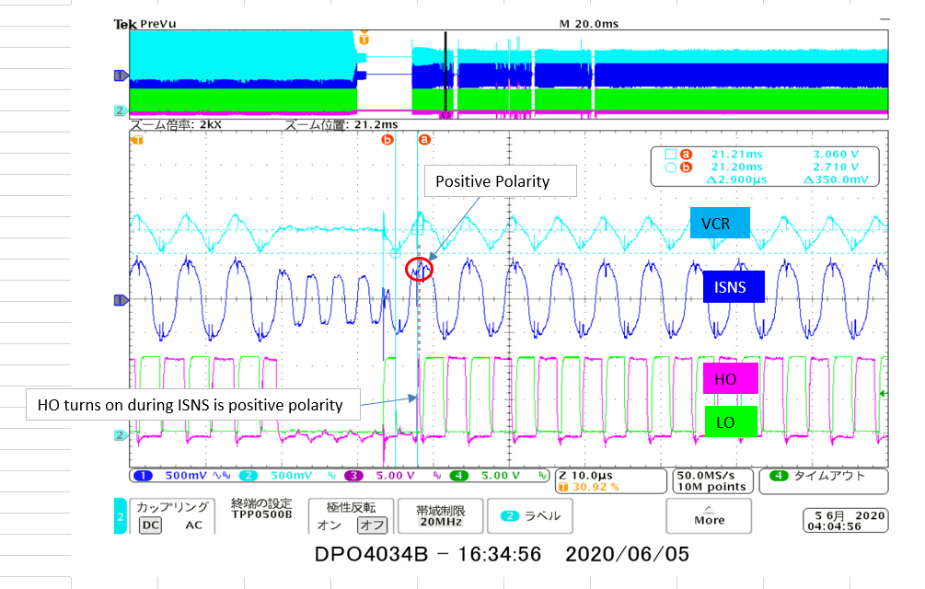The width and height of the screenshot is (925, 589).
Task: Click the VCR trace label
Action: (x=721, y=223)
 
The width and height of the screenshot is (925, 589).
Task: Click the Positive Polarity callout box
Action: (x=500, y=181)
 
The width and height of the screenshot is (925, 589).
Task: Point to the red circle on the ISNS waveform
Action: (x=419, y=268)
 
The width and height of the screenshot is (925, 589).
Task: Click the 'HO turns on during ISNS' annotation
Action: (x=190, y=404)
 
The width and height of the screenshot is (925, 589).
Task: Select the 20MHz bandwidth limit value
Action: (x=436, y=521)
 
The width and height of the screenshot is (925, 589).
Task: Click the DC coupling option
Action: (x=150, y=525)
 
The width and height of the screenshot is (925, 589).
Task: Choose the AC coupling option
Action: (x=193, y=525)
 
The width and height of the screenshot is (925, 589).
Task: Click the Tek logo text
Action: (x=125, y=25)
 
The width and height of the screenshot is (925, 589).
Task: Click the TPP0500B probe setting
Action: (x=262, y=514)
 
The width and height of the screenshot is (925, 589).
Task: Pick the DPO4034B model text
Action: (x=371, y=555)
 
